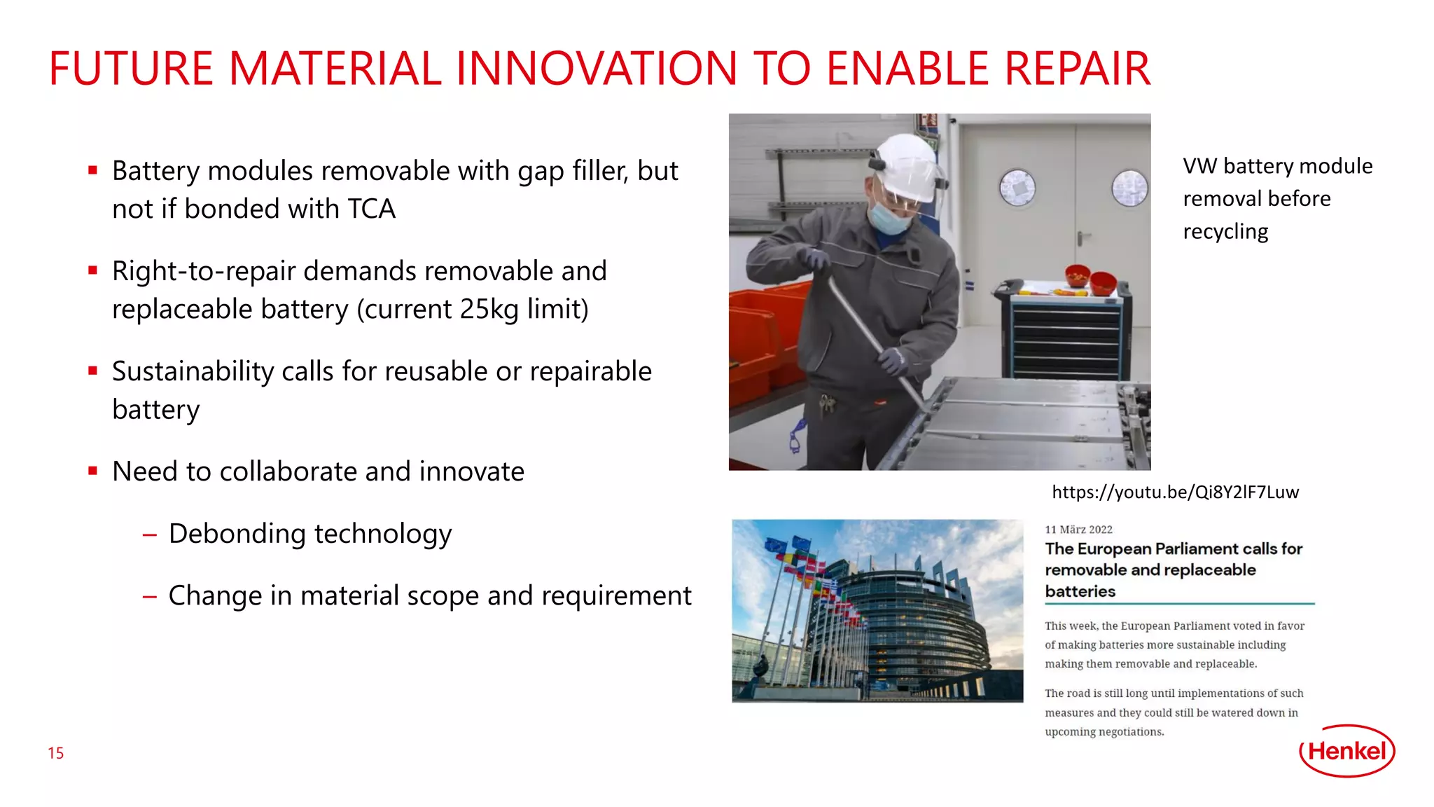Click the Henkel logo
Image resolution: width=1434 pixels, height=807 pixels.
click(x=1347, y=751)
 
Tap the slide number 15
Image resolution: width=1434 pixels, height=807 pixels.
click(x=56, y=753)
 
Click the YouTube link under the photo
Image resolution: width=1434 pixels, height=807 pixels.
click(x=1175, y=492)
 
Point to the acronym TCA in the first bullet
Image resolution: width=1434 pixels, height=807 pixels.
click(x=372, y=209)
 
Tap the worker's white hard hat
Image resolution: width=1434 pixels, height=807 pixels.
click(x=907, y=167)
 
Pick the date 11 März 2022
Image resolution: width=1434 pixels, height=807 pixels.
click(x=1078, y=530)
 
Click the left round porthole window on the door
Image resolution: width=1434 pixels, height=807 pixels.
click(x=1017, y=187)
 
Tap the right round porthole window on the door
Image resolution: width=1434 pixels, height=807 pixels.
click(x=1130, y=188)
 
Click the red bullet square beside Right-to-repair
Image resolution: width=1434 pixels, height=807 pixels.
click(x=92, y=270)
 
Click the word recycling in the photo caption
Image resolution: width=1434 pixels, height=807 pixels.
click(x=1225, y=232)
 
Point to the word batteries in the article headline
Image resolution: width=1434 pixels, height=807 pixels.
click(x=1080, y=591)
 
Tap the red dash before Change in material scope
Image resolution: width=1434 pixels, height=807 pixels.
click(x=149, y=597)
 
